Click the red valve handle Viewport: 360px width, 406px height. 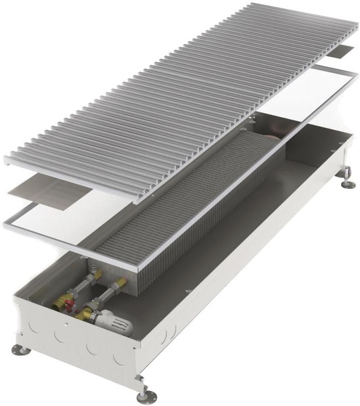pyautogui.click(x=67, y=304)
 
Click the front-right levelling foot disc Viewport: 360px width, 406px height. pyautogui.click(x=143, y=395)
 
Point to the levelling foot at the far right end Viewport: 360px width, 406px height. pyautogui.click(x=348, y=183)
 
